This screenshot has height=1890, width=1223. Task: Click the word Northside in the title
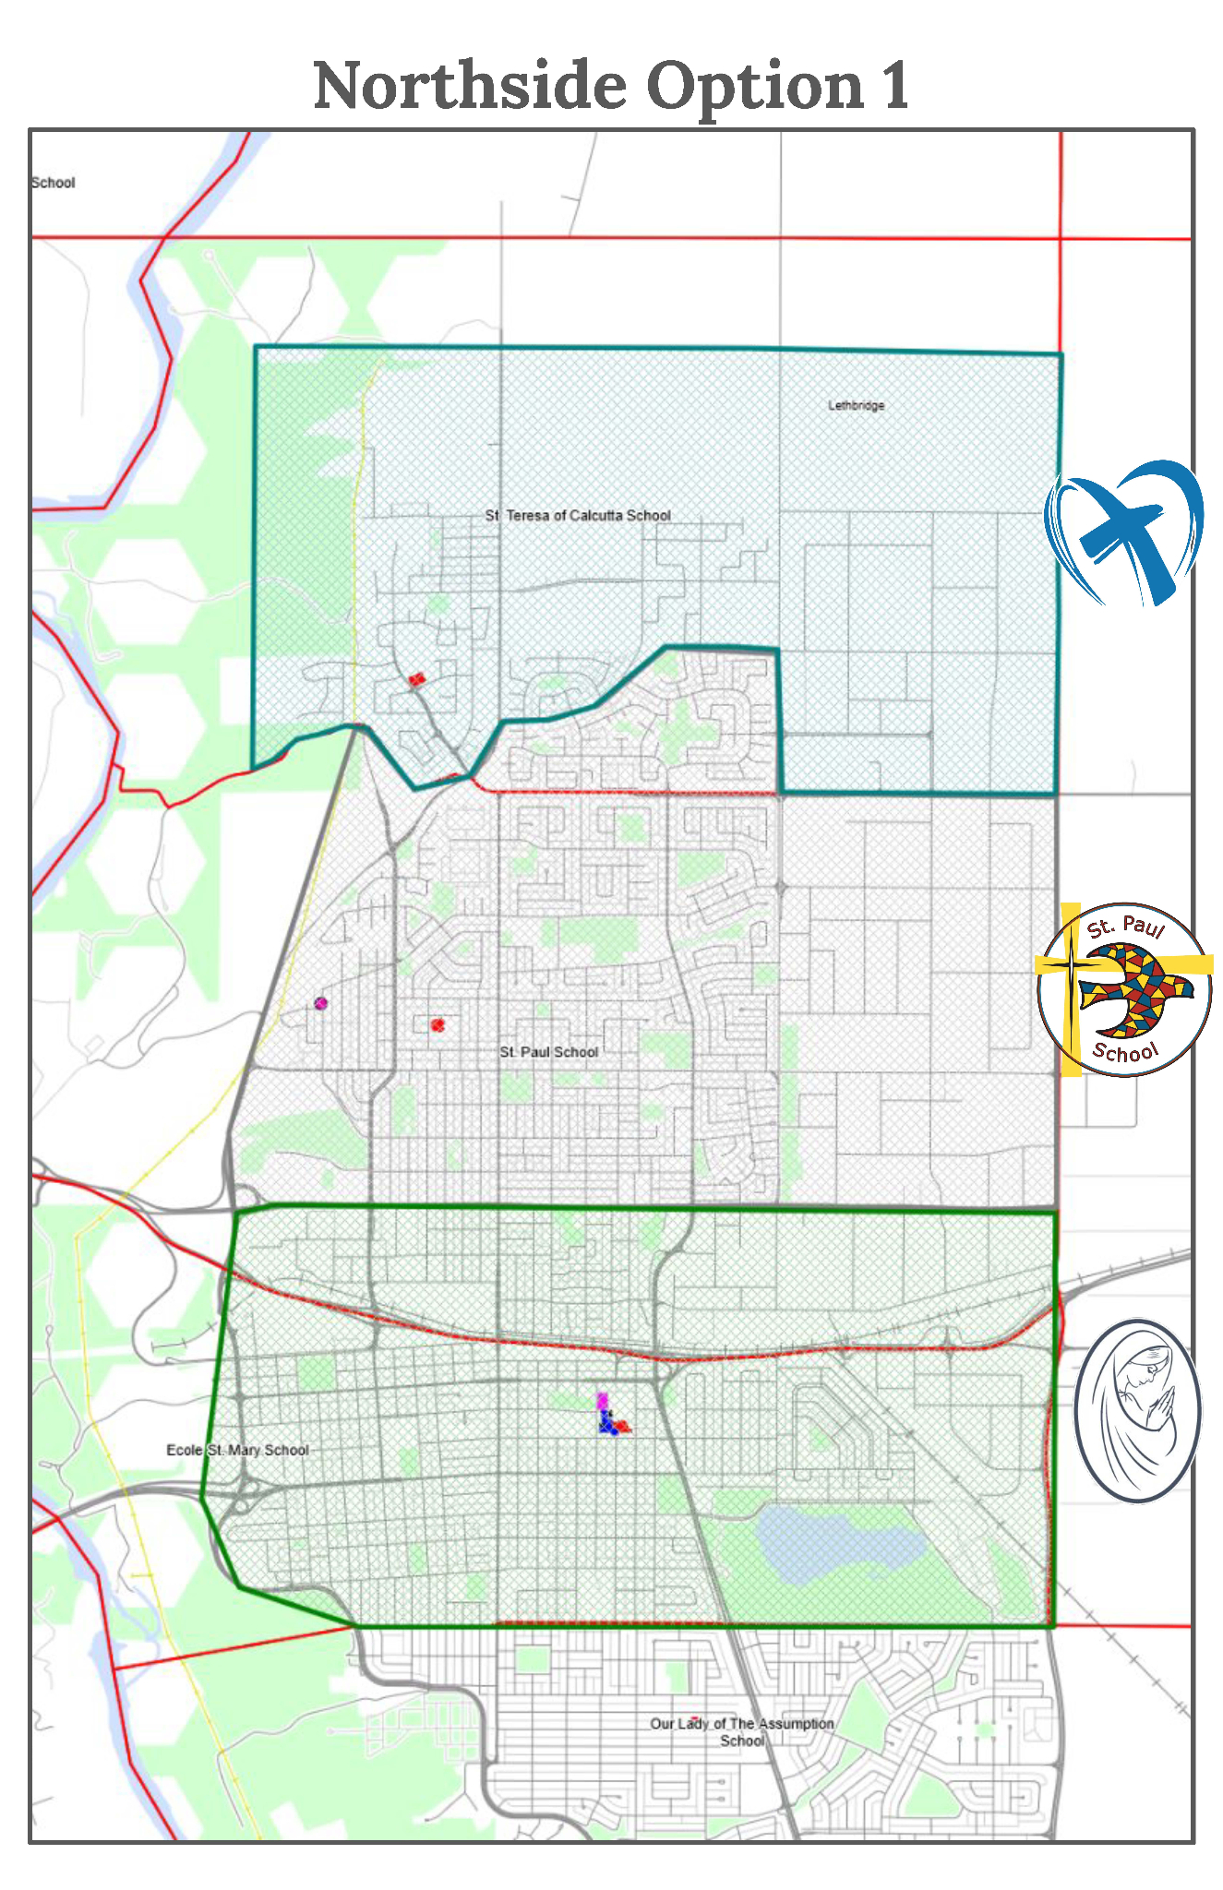point(469,86)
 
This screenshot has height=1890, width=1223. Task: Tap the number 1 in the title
point(893,86)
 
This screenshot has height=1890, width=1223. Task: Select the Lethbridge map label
point(856,405)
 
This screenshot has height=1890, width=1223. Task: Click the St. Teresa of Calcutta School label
point(578,516)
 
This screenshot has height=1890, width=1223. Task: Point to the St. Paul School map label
point(548,1052)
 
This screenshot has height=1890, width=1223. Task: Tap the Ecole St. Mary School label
point(237,1450)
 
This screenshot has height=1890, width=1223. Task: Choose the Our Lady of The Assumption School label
point(741,1731)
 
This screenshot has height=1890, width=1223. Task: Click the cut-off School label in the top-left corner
point(53,183)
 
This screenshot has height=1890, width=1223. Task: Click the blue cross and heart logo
point(1123,534)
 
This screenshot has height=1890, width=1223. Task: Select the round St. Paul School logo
point(1123,989)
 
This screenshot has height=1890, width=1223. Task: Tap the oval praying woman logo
point(1137,1410)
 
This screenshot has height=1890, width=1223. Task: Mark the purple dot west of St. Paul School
point(320,1003)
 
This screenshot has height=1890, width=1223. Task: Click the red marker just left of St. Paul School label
point(438,1024)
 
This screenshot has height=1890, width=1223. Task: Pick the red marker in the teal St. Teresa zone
point(417,680)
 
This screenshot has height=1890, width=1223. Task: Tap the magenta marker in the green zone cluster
point(602,1401)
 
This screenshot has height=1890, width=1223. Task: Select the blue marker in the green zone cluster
point(607,1426)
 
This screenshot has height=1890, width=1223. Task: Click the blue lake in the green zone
point(835,1543)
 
